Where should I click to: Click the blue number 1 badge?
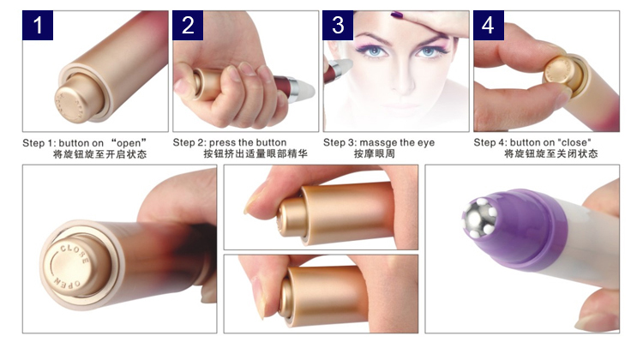click(x=38, y=26)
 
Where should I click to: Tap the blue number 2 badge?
click(x=188, y=26)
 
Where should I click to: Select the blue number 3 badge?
click(x=338, y=26)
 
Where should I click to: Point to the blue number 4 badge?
click(x=489, y=26)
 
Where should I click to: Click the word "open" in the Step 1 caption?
click(x=129, y=143)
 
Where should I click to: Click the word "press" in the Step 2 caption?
click(x=222, y=143)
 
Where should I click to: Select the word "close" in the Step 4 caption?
click(x=574, y=142)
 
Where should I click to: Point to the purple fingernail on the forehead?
click(x=397, y=15)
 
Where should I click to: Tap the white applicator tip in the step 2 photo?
click(x=304, y=90)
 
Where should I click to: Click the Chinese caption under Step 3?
click(x=374, y=154)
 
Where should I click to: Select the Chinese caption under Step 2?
click(x=255, y=154)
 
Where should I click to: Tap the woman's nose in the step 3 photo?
click(x=404, y=80)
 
